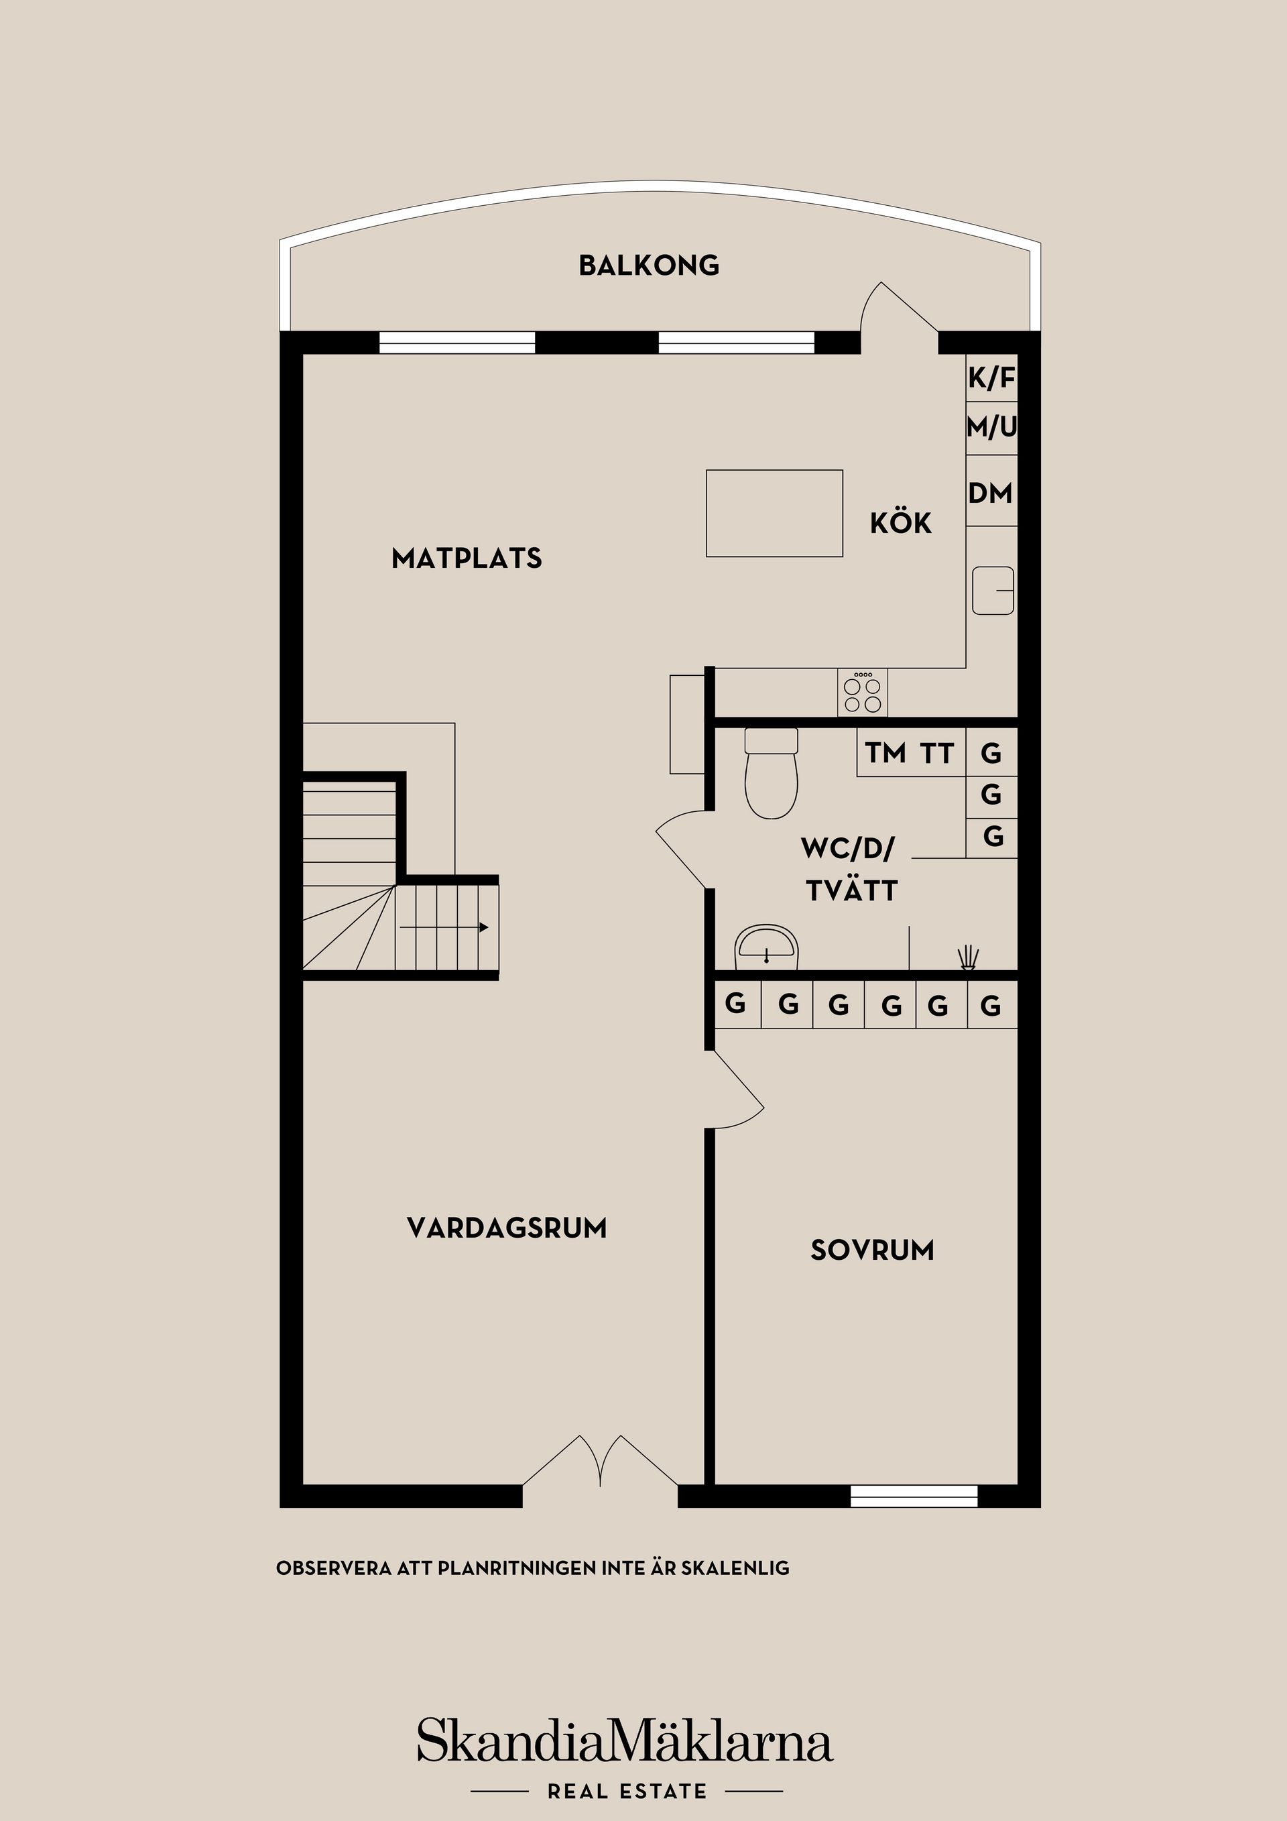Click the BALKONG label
click(649, 266)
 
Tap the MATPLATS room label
click(467, 559)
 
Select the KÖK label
click(900, 524)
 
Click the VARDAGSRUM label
click(506, 1228)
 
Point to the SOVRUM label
click(871, 1250)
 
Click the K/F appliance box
click(991, 378)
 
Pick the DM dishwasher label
click(991, 493)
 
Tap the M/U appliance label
click(991, 428)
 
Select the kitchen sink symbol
click(993, 590)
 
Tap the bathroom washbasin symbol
click(765, 947)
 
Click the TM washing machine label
click(885, 753)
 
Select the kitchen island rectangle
click(774, 513)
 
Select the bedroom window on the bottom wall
click(914, 1495)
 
